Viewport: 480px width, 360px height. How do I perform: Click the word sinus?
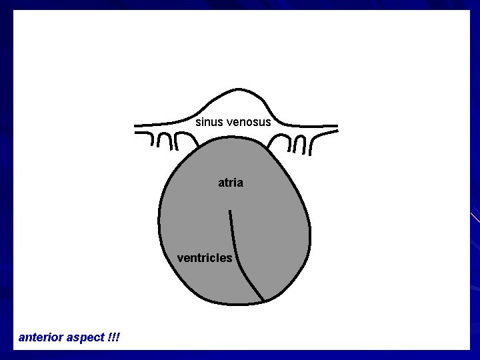209,122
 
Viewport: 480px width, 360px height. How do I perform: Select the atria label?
231,182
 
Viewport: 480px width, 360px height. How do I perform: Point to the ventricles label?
205,257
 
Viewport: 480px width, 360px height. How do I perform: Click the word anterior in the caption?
41,337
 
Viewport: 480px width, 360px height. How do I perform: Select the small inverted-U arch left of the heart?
164,141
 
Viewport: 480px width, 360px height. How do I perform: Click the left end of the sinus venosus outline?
136,125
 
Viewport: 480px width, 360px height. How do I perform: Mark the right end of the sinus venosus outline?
336,125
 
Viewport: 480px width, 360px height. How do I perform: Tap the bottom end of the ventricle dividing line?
264,299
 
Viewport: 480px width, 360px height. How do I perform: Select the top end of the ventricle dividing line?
230,211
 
